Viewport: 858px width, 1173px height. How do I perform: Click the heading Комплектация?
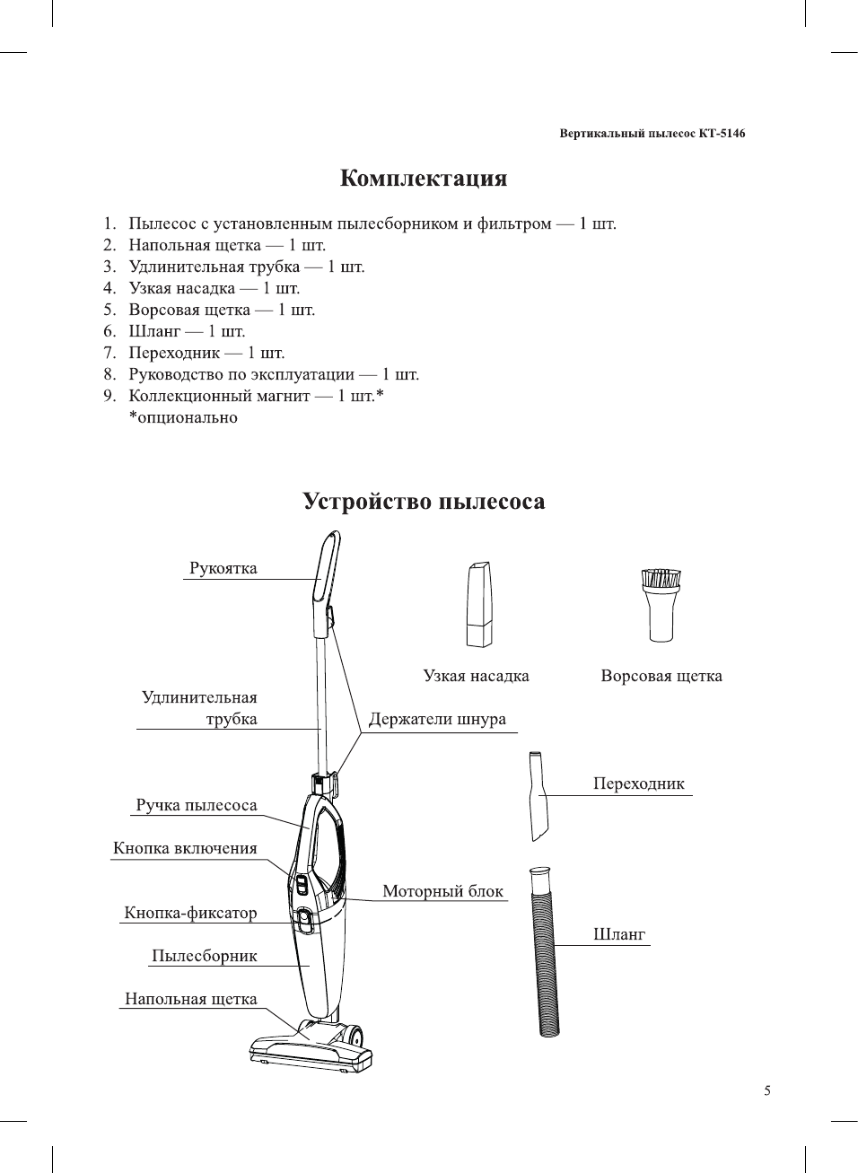tap(423, 179)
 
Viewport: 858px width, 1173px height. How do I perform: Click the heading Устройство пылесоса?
tap(423, 501)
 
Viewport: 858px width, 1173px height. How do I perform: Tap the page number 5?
tap(766, 1091)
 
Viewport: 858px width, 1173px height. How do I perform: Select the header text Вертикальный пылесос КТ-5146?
tap(652, 134)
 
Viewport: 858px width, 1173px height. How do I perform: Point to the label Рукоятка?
tap(223, 568)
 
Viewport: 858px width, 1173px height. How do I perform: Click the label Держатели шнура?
tap(437, 720)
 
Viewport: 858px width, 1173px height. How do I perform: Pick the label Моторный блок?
tap(442, 891)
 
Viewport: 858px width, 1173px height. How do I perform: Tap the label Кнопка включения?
tap(185, 848)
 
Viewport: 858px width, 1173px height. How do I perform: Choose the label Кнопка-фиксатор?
tap(190, 913)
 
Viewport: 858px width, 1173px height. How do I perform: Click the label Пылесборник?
tap(204, 956)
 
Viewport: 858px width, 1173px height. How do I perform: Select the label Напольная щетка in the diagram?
tap(190, 999)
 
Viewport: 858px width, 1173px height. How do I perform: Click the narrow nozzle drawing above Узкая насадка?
tap(479, 604)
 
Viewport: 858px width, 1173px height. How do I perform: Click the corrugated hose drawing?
tap(544, 951)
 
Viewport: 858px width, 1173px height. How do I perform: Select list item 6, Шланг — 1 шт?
tap(186, 331)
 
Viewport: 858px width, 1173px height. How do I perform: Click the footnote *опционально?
tap(183, 417)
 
